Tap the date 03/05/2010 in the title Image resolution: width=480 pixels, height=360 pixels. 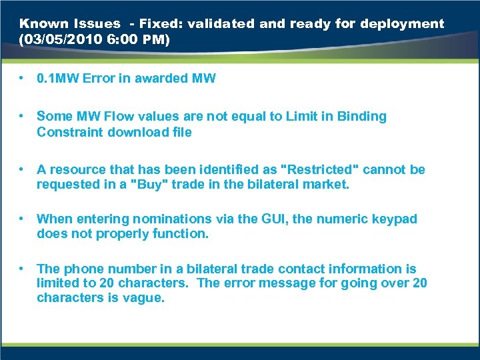(x=59, y=40)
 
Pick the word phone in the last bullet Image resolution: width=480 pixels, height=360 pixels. (x=82, y=269)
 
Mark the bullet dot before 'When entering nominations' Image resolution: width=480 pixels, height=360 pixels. (x=23, y=219)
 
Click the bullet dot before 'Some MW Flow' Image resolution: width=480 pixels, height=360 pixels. (x=23, y=116)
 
